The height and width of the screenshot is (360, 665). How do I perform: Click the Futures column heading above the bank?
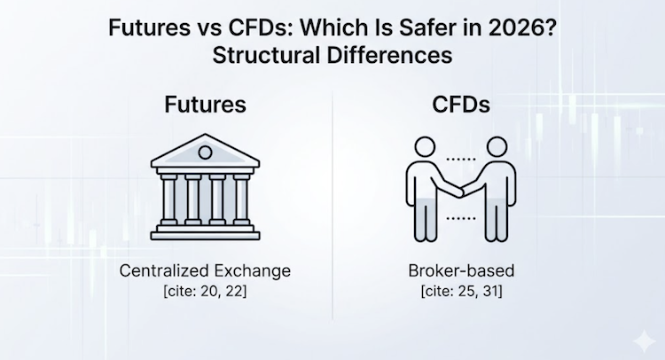pos(205,103)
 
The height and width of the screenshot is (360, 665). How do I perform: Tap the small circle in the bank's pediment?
pos(205,153)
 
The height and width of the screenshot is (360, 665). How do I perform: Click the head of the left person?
pos(419,151)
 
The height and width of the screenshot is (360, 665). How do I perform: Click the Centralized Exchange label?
pos(205,270)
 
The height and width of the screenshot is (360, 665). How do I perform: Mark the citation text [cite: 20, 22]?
pos(205,290)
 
